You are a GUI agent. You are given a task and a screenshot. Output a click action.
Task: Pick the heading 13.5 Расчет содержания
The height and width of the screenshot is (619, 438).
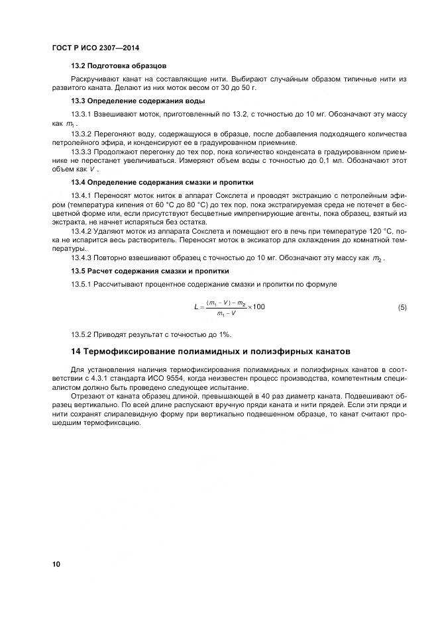pos(150,271)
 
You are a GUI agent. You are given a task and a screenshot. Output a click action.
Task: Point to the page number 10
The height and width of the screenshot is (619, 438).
pos(56,565)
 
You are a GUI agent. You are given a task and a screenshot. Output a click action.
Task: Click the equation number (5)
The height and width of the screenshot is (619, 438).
pos(402,307)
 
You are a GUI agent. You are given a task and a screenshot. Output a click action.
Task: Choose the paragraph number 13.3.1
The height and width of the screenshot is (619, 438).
pos(82,114)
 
